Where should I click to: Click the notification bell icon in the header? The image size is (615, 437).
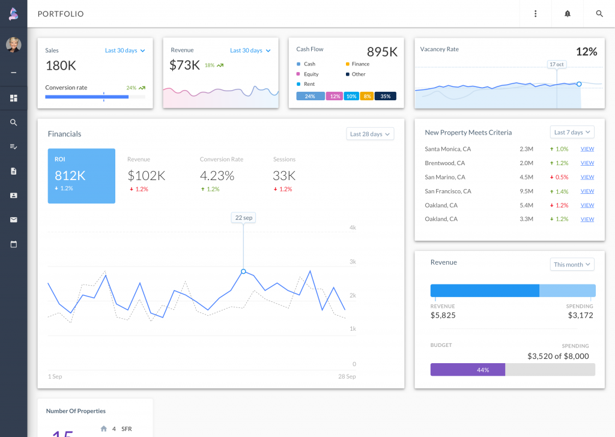[568, 14]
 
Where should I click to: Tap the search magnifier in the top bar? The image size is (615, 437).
[599, 14]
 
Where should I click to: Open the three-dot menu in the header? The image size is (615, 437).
[536, 14]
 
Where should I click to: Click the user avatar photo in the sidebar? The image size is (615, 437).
[13, 45]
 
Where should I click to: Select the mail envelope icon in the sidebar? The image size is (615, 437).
[14, 220]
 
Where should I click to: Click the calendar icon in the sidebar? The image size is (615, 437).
[14, 244]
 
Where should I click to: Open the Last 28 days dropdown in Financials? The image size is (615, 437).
[370, 134]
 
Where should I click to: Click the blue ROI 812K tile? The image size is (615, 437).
[82, 176]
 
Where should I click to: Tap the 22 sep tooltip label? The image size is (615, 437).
[243, 218]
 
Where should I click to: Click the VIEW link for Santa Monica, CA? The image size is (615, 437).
[587, 149]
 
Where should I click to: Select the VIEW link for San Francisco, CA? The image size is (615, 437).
[587, 191]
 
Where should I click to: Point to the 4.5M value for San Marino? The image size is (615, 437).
[526, 177]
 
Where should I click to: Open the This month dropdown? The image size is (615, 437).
[572, 264]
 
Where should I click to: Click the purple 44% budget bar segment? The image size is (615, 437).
[468, 370]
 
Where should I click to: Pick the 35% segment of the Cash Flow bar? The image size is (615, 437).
[385, 96]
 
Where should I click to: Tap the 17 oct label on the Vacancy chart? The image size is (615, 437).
[557, 64]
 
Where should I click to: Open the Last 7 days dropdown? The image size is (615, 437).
[572, 132]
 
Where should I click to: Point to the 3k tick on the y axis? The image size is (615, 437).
[353, 262]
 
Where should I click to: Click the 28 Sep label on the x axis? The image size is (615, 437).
[346, 376]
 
